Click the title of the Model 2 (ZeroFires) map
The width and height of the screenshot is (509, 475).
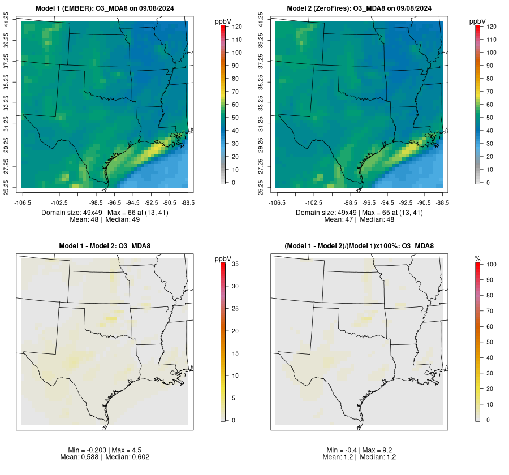(x=359, y=8)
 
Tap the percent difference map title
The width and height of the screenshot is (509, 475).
(x=359, y=246)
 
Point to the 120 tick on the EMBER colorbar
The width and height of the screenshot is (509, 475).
(x=238, y=27)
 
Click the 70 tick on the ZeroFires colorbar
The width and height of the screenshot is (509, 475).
(x=490, y=92)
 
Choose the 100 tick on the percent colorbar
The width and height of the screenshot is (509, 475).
(x=491, y=264)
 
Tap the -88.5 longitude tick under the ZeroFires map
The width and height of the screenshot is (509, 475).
(x=443, y=202)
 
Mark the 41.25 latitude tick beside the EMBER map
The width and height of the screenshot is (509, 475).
(x=7, y=21)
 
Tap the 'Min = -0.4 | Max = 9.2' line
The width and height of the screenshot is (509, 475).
(x=359, y=450)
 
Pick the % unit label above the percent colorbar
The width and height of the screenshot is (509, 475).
(x=477, y=258)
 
